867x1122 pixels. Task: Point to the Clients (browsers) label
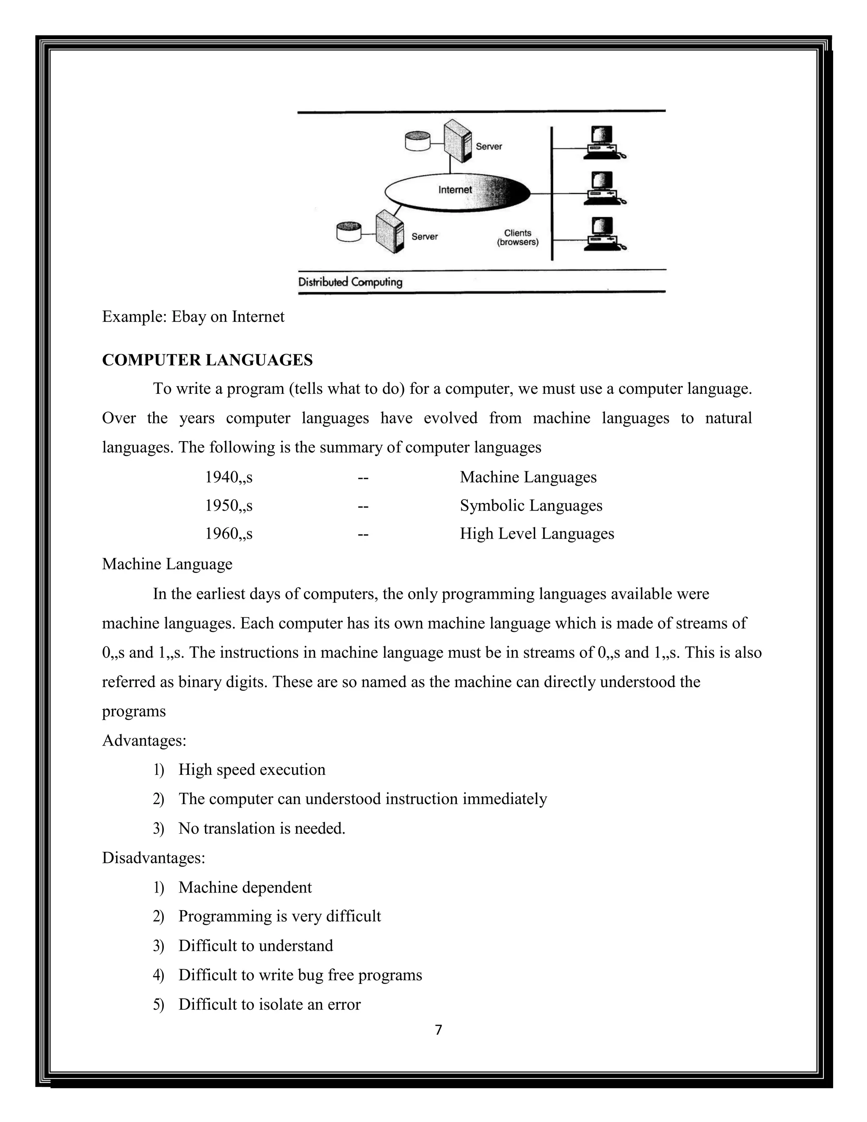point(517,238)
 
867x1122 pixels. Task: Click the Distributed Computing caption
point(350,282)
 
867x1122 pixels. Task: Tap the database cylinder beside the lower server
point(349,232)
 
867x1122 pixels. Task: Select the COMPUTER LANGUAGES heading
point(207,360)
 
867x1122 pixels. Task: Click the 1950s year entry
point(229,506)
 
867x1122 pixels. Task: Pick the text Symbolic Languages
point(530,506)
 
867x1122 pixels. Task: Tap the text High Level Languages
point(537,534)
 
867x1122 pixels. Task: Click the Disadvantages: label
point(153,857)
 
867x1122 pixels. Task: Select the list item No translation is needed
point(262,828)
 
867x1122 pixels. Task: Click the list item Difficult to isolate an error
point(269,1004)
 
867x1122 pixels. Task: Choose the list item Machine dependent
point(245,887)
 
